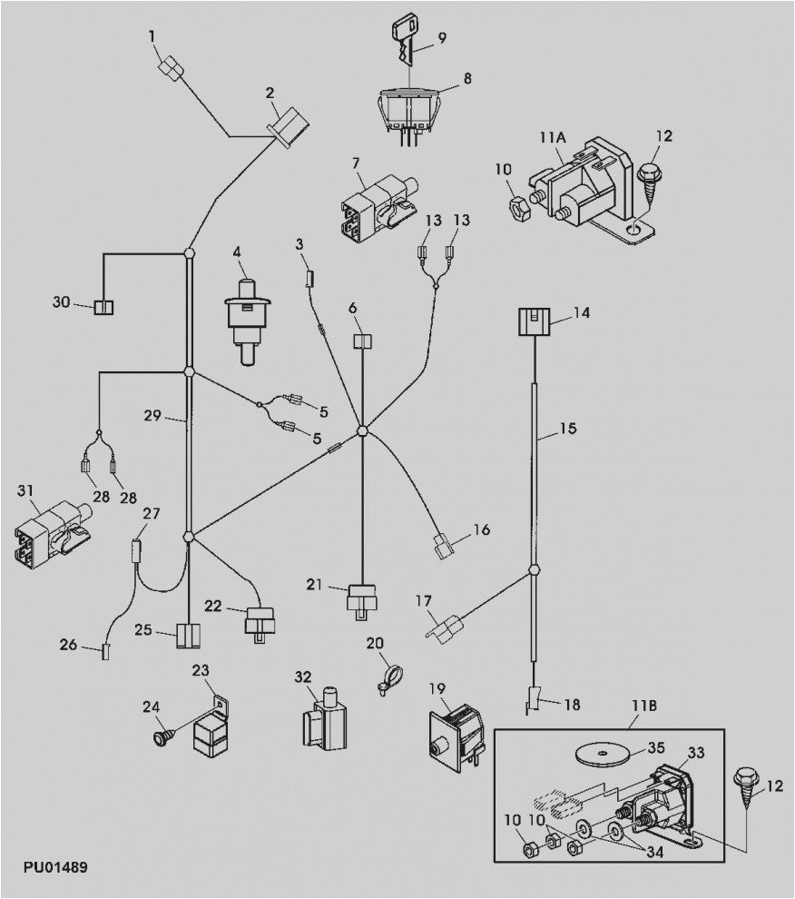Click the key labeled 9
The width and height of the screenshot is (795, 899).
tap(405, 38)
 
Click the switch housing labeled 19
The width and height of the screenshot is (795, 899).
tap(456, 734)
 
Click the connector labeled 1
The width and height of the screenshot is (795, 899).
tap(171, 69)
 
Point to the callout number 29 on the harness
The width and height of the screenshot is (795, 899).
tap(152, 417)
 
